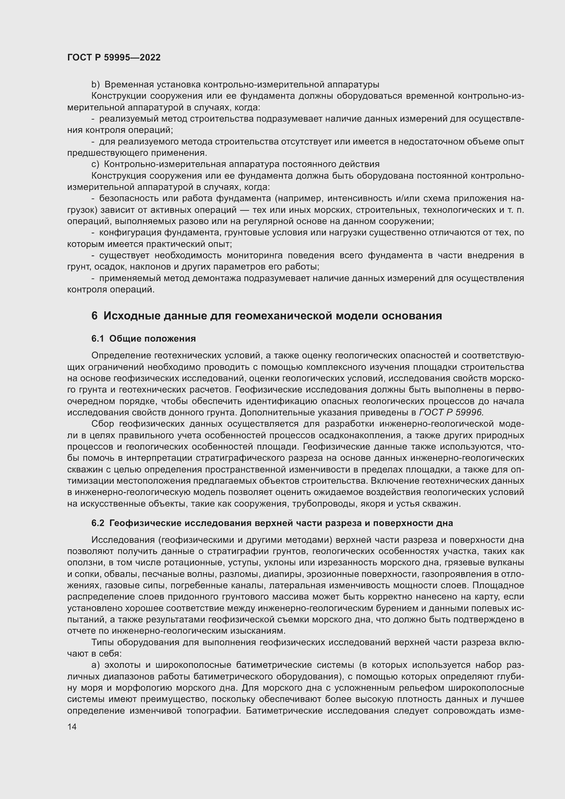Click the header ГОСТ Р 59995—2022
[x=114, y=57]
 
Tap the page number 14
[x=72, y=727]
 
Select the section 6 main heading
[x=266, y=316]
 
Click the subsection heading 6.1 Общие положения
[x=143, y=339]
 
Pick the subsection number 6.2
[x=98, y=523]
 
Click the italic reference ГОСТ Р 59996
[x=451, y=412]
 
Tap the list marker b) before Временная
[x=95, y=85]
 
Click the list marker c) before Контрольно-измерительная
[x=95, y=164]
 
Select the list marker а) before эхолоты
[x=95, y=665]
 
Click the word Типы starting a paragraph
[x=102, y=642]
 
